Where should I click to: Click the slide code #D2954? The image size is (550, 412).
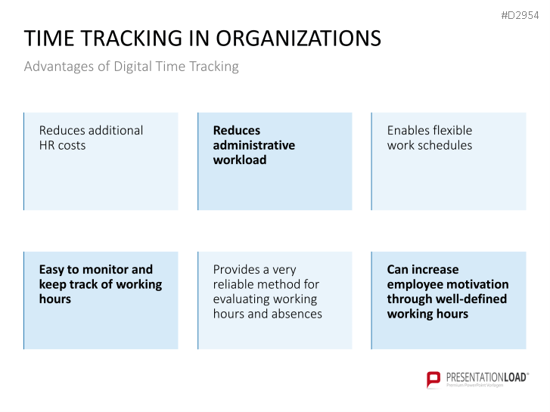click(x=520, y=15)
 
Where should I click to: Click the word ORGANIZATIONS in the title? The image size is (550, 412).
click(x=298, y=39)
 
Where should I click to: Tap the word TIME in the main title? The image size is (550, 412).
click(x=49, y=39)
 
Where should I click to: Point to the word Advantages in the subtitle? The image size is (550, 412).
click(x=59, y=67)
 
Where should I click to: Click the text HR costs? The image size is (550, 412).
click(x=63, y=145)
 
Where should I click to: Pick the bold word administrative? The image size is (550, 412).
click(x=254, y=145)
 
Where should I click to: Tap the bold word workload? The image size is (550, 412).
click(x=240, y=160)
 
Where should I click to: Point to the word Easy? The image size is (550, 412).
click(x=51, y=270)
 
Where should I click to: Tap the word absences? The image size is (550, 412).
click(x=297, y=314)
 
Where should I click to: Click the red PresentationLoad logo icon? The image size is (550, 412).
click(x=433, y=379)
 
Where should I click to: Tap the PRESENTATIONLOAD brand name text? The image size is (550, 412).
click(x=487, y=377)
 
